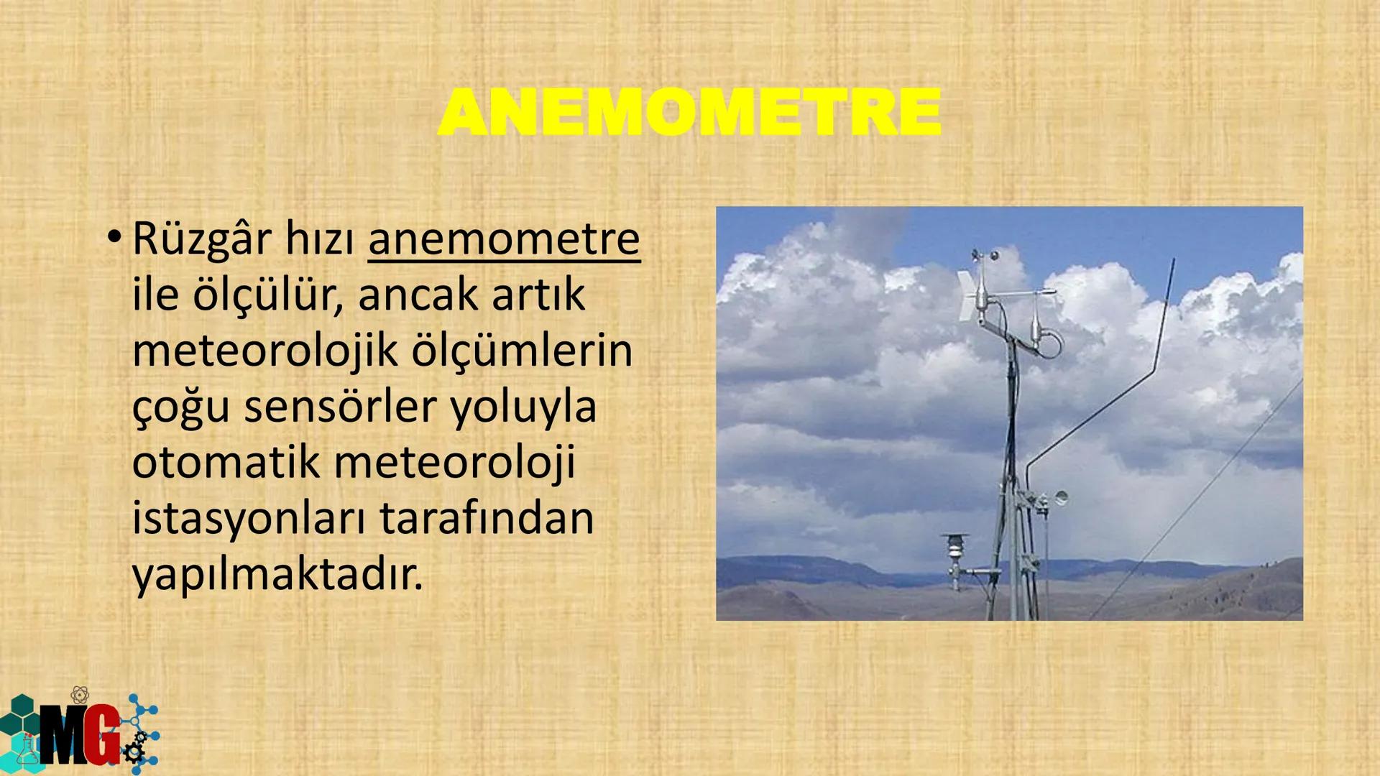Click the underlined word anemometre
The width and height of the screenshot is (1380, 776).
pyautogui.click(x=503, y=239)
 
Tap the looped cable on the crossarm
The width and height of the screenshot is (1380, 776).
pyautogui.click(x=1050, y=343)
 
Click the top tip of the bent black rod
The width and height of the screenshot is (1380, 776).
pyautogui.click(x=1172, y=263)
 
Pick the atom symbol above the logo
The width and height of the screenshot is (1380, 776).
pyautogui.click(x=80, y=695)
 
